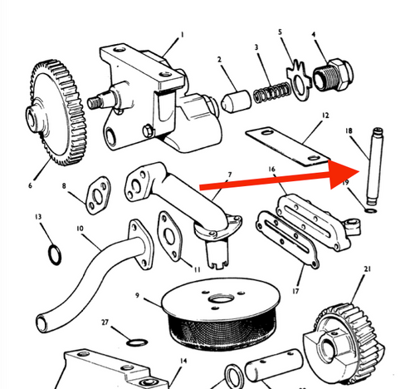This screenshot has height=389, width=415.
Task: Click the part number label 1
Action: (x=182, y=35)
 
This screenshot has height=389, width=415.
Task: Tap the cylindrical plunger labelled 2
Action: (x=236, y=101)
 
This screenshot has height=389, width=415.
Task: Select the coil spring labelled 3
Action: (x=272, y=93)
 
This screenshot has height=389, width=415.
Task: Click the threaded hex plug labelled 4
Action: (x=333, y=75)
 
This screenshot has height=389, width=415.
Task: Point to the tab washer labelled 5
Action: (x=299, y=81)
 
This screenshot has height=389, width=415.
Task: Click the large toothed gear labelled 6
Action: (x=56, y=112)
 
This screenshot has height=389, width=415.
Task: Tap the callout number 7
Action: (x=229, y=175)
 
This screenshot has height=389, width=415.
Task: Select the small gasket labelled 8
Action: (x=97, y=195)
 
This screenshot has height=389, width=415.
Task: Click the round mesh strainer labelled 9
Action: (x=222, y=314)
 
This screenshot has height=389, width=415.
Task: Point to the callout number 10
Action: (x=80, y=229)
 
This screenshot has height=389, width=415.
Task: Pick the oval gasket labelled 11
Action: (x=169, y=236)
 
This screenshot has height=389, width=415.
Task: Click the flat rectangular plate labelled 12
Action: (x=288, y=146)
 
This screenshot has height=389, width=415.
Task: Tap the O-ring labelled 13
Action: (x=55, y=255)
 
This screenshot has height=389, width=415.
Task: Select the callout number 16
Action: (x=271, y=169)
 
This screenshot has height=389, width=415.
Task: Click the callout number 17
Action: (x=295, y=291)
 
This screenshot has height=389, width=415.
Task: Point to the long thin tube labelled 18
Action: (x=375, y=166)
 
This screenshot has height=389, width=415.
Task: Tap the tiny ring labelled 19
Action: (x=371, y=211)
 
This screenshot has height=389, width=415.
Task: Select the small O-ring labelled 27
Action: (x=137, y=342)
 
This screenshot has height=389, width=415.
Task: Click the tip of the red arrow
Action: (x=359, y=171)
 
